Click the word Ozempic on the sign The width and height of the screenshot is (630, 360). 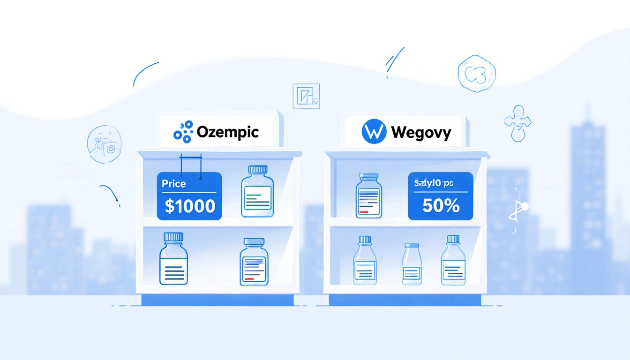pos(228,132)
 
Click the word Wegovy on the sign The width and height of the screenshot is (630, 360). pos(420,132)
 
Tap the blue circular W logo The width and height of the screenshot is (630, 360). pos(374,132)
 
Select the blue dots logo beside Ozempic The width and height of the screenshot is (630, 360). pos(183,132)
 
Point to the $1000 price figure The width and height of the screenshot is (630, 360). pos(190,206)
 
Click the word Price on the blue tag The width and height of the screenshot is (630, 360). pos(174,184)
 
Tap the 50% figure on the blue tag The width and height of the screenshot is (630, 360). pos(441,206)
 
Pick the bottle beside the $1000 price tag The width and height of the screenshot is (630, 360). pos(257,192)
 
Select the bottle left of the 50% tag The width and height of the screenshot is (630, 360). pos(369,196)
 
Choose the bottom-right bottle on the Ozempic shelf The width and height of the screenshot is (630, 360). pos(254,262)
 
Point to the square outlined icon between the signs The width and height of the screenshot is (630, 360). pos(306,96)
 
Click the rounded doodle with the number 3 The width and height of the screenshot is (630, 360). pos(476,73)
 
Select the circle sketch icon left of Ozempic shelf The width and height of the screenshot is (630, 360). pos(104,144)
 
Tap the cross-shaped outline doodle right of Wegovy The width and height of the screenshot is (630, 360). pos(517,122)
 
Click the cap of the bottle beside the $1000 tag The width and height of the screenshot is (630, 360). pos(258,169)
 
